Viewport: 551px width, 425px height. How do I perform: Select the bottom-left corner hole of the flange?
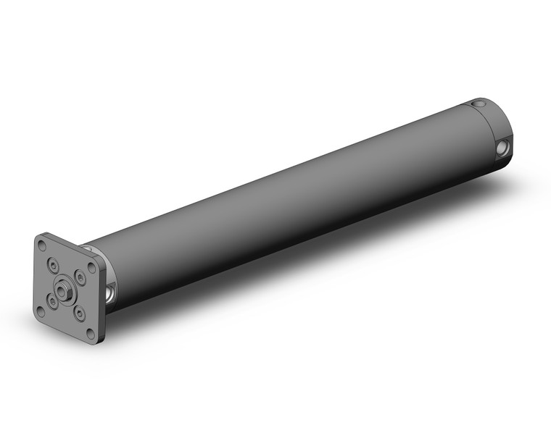click(x=41, y=311)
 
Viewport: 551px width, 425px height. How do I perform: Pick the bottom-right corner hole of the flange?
click(x=90, y=333)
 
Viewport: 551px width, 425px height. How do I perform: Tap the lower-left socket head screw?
click(x=52, y=298)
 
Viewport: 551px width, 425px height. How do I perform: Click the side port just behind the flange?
click(x=109, y=293)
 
